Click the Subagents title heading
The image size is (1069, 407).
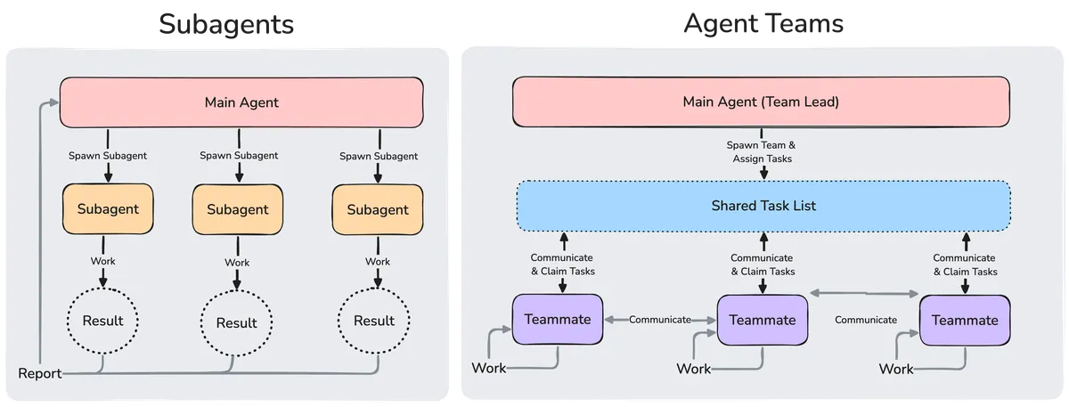pyautogui.click(x=226, y=24)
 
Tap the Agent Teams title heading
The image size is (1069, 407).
pyautogui.click(x=764, y=24)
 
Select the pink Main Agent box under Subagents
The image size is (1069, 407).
pyautogui.click(x=241, y=102)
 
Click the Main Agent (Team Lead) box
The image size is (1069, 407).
pyautogui.click(x=761, y=102)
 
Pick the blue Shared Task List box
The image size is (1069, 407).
pyautogui.click(x=763, y=206)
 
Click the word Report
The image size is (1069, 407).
pyautogui.click(x=40, y=373)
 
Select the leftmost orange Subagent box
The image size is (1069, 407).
pyautogui.click(x=108, y=209)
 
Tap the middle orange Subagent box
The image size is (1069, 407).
pyautogui.click(x=238, y=210)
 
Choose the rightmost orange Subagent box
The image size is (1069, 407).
pyautogui.click(x=377, y=210)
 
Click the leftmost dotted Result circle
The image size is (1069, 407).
pyautogui.click(x=102, y=320)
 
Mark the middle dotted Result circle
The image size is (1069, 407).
pyautogui.click(x=236, y=322)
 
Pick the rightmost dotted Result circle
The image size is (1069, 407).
pyautogui.click(x=375, y=321)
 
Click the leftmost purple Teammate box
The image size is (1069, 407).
pyautogui.click(x=558, y=318)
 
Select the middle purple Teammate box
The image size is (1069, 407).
pyautogui.click(x=763, y=319)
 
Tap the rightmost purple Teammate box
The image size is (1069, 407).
pyautogui.click(x=965, y=319)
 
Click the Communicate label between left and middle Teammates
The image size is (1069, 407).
pyautogui.click(x=660, y=319)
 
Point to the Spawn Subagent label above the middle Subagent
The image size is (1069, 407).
pyautogui.click(x=239, y=156)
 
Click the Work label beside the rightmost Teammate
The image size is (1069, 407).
pyautogui.click(x=896, y=368)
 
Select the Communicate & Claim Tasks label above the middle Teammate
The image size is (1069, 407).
pyautogui.click(x=763, y=265)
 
